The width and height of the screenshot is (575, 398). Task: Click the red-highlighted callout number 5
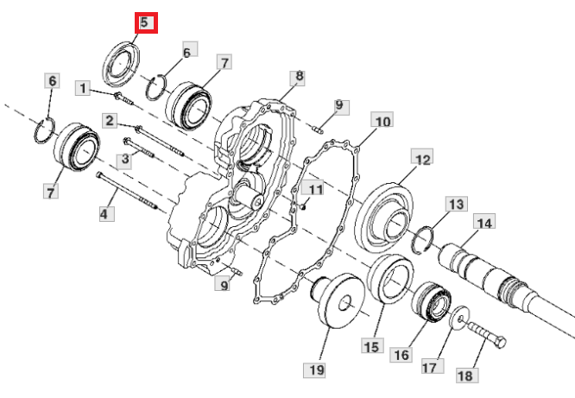[x=146, y=22]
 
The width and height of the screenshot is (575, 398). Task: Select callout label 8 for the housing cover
[x=299, y=77]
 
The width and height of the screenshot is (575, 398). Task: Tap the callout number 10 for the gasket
[x=382, y=120]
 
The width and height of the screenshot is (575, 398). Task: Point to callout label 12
[x=422, y=159]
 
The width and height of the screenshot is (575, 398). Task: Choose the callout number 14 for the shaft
[x=484, y=222]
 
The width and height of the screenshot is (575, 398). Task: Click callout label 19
[x=314, y=370]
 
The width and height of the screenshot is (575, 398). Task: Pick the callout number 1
[x=83, y=88]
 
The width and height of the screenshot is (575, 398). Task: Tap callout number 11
[x=313, y=187]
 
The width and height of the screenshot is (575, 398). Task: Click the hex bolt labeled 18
[x=486, y=334]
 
